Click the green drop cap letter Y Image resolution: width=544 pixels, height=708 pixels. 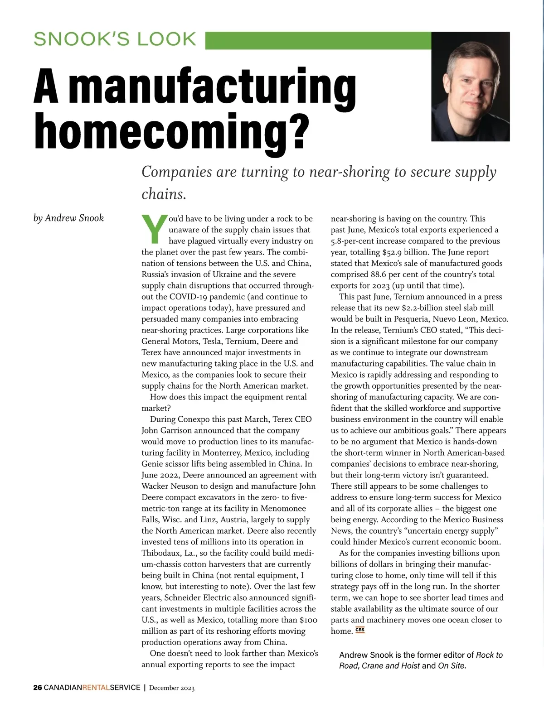(x=155, y=229)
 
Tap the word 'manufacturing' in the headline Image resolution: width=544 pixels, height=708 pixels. (x=213, y=86)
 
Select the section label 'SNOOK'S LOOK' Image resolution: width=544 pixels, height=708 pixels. (x=115, y=39)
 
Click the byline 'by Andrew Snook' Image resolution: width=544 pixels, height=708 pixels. (x=68, y=218)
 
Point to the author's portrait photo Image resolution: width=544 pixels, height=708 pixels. (x=470, y=86)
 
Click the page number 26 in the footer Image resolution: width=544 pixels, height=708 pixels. (x=38, y=688)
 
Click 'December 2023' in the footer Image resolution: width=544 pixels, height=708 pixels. (x=172, y=688)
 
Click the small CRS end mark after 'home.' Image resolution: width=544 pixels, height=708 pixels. (x=360, y=630)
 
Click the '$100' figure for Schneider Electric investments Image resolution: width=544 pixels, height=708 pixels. (x=308, y=620)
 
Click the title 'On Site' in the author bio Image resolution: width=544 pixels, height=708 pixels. (x=451, y=666)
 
